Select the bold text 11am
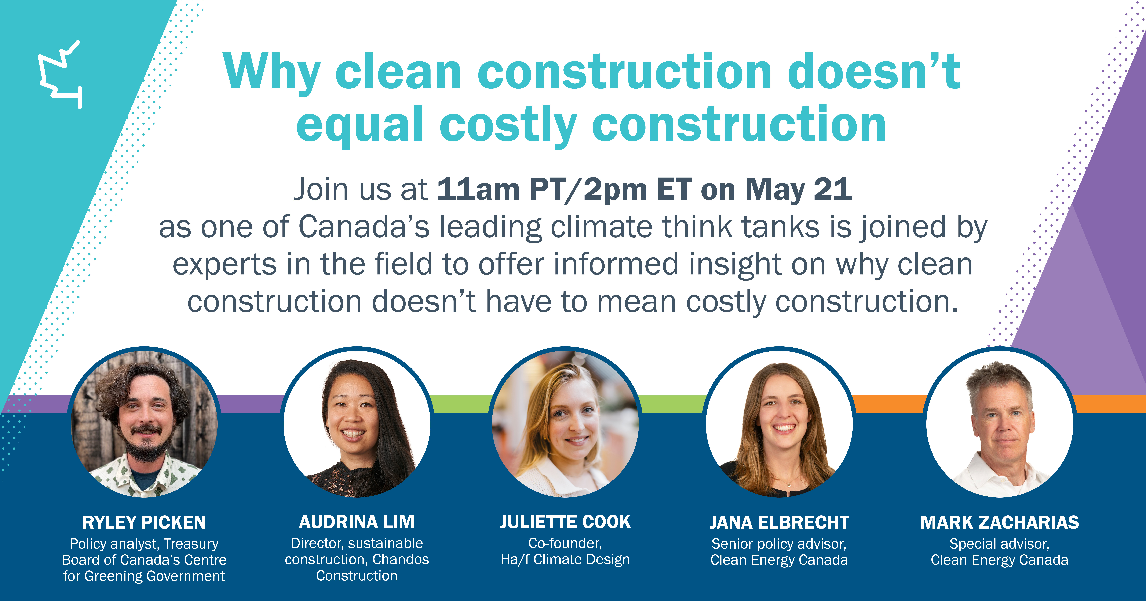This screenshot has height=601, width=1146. [x=478, y=190]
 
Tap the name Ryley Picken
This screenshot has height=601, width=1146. [x=144, y=522]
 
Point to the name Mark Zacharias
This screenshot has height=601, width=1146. [x=1000, y=522]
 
